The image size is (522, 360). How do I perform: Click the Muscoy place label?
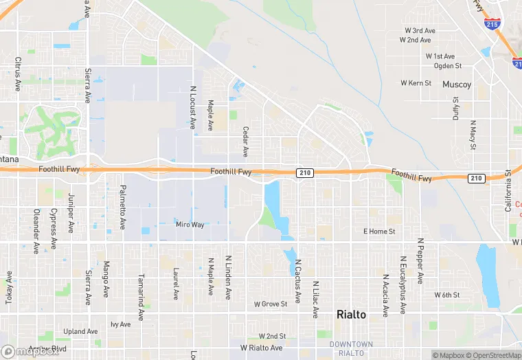coord(457,85)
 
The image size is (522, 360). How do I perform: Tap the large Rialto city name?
coord(351,314)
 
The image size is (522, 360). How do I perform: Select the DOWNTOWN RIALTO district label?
coord(351,348)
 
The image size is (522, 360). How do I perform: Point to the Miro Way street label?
coord(190,225)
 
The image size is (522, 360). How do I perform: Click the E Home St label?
coord(379,232)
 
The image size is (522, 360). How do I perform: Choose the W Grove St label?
coord(270,304)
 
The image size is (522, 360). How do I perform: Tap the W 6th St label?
coord(446,295)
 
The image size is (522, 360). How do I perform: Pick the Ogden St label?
coord(448,66)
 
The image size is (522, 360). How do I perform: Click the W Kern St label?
coord(416,83)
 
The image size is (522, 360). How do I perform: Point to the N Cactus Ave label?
coord(298,281)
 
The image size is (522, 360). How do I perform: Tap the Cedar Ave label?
coord(245,141)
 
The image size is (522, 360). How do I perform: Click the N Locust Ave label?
coord(193,108)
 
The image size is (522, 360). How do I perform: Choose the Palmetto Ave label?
coord(123,207)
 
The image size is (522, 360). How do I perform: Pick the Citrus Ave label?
coord(19,76)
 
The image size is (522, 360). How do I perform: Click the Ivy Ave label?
coord(120,324)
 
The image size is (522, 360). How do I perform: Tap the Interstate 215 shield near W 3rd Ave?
coord(492,24)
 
